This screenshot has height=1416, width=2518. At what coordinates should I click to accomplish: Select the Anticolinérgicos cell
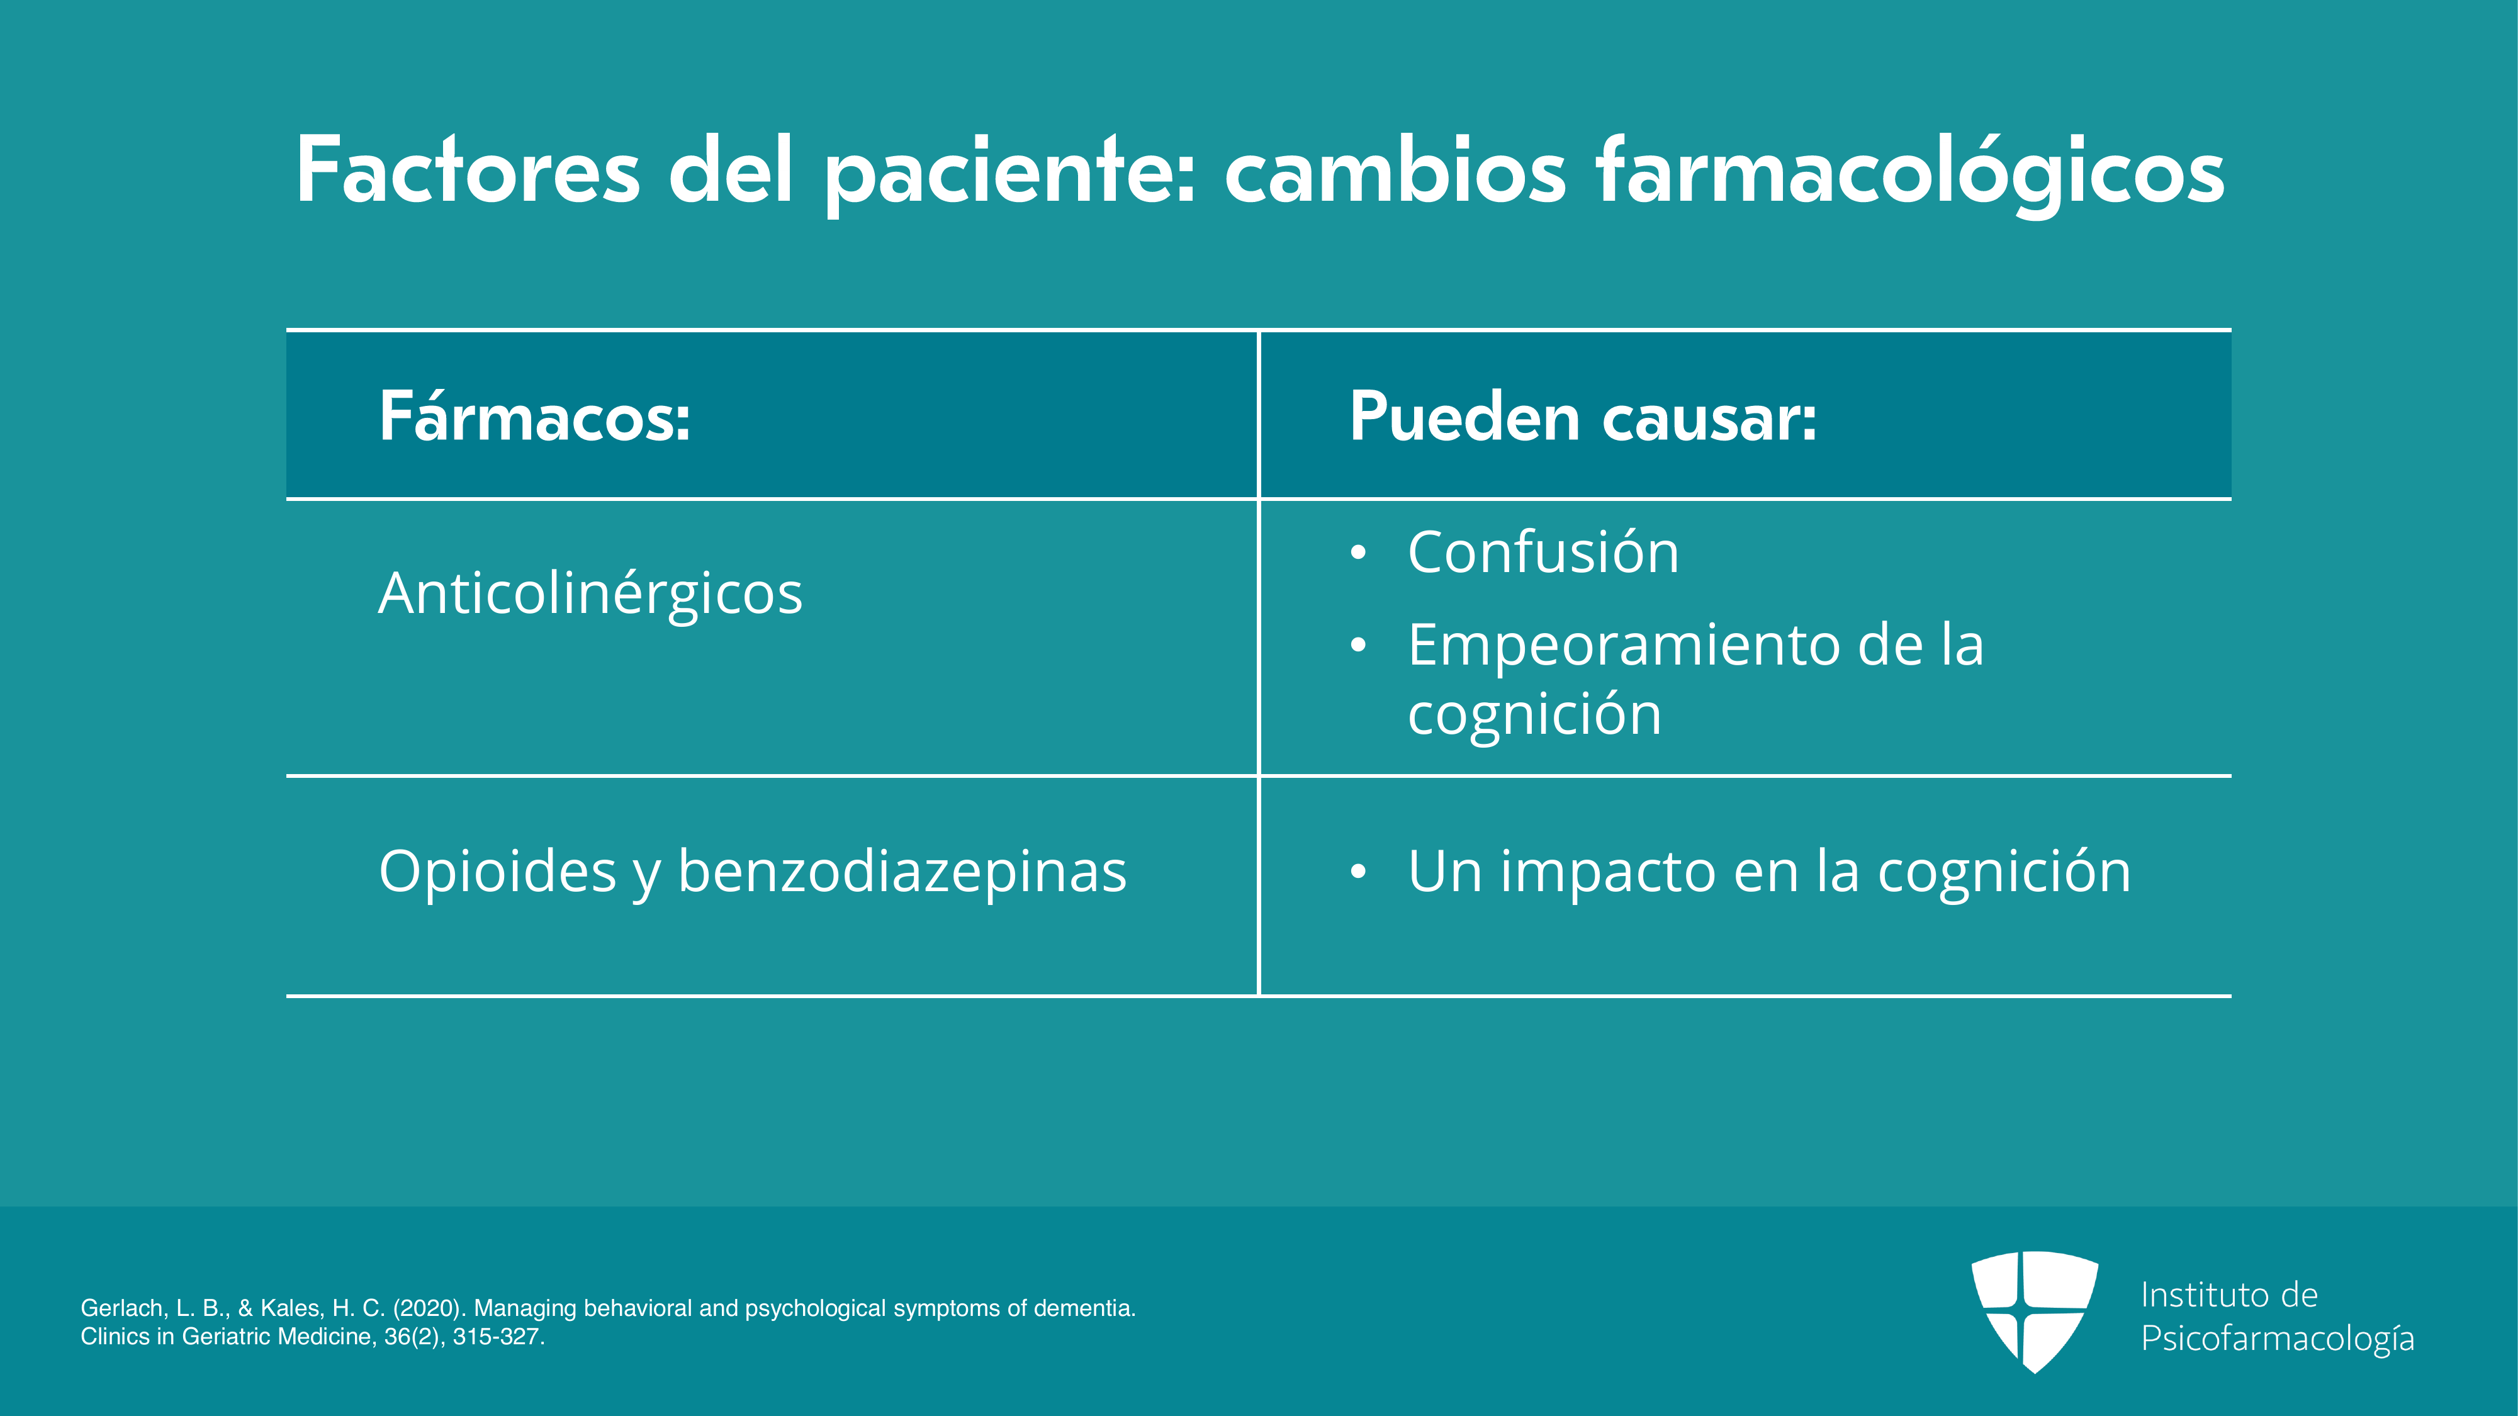coord(590,593)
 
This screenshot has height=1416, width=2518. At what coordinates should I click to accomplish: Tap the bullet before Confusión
coord(1357,553)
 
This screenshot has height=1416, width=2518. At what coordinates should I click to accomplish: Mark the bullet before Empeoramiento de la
coord(1357,646)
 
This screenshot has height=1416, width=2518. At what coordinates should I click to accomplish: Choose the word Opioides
coord(498,871)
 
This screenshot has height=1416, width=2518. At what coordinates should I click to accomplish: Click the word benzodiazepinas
coord(902,871)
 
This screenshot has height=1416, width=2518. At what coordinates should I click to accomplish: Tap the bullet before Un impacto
coord(1357,872)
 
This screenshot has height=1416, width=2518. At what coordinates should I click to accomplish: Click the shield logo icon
coord(2034,1312)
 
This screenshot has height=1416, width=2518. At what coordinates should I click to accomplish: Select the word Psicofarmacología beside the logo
coord(2278,1339)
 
